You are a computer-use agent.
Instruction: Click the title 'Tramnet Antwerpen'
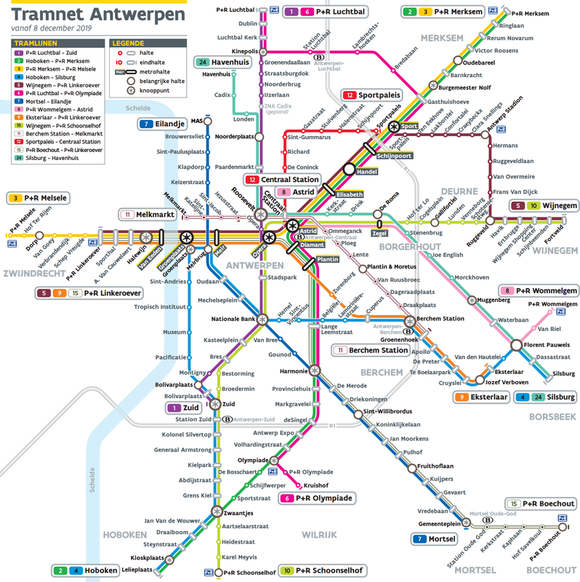pos(98,14)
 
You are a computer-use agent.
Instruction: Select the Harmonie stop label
pos(294,371)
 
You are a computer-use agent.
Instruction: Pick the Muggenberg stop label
pos(499,299)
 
